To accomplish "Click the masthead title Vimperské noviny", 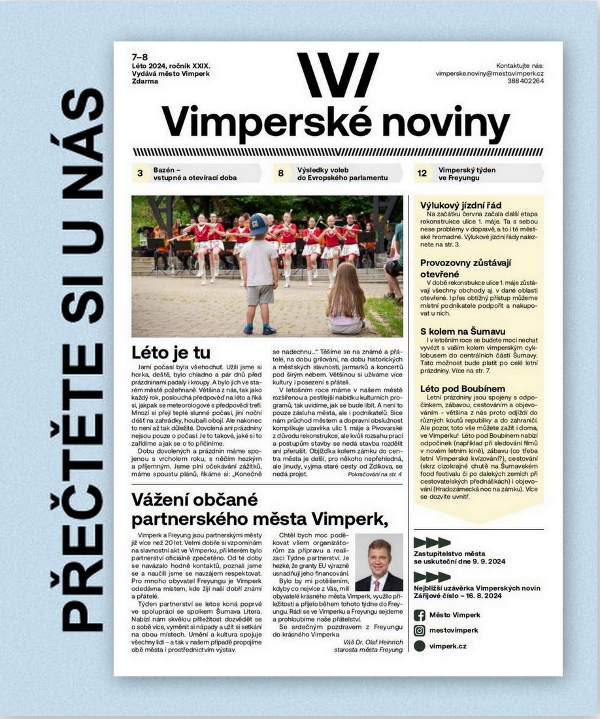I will point(335,122).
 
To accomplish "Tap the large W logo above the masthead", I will point(337,75).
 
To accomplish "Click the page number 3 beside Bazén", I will point(140,173).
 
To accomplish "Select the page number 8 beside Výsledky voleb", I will point(280,173).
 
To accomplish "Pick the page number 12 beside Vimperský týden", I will point(422,173).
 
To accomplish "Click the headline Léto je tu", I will point(171,352).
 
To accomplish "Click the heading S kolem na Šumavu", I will point(462,331).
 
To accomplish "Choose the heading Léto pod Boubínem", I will point(462,388).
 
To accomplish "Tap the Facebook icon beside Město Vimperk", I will point(419,615).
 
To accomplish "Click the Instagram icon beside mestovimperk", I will point(419,631).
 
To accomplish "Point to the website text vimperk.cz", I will point(448,646).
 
